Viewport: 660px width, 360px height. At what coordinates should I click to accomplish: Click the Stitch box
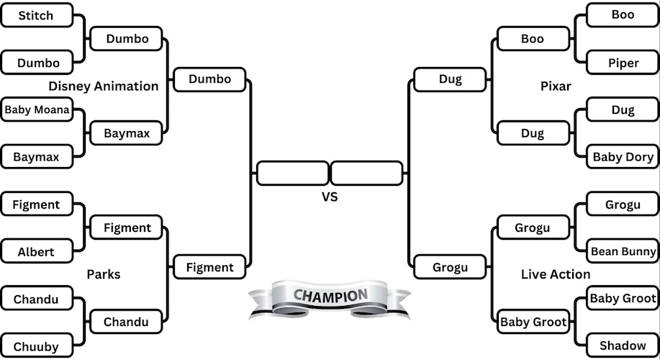tap(37, 15)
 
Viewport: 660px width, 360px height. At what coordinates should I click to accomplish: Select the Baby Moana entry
tap(37, 110)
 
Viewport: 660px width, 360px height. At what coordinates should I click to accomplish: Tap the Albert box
tap(37, 252)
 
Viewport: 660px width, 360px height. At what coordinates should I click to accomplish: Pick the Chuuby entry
tap(37, 346)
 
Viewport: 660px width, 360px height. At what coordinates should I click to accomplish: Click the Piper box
tap(623, 63)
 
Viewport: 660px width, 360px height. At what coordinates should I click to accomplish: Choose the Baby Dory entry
tap(623, 157)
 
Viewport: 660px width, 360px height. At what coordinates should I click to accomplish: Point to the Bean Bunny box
tap(623, 251)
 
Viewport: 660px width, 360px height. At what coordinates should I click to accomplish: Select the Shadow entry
tap(623, 346)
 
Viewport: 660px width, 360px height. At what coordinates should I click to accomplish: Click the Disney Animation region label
tap(104, 86)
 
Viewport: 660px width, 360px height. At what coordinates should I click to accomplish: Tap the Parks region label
tap(104, 274)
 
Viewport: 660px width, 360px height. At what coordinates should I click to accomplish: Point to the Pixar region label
tap(556, 86)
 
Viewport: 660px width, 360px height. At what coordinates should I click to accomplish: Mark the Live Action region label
tap(556, 274)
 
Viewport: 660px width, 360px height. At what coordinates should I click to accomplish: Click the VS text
tap(329, 196)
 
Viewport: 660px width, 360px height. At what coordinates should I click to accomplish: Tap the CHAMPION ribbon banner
tap(330, 296)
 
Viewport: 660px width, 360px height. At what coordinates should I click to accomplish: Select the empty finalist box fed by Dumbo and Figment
tap(292, 174)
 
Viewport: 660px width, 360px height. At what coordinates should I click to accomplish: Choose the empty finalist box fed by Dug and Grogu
tap(366, 174)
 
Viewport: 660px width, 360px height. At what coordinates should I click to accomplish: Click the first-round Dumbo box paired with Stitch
tap(37, 63)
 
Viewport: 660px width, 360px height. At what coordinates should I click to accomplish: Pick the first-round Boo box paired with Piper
tap(623, 15)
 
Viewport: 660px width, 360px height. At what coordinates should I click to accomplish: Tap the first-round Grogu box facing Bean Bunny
tap(623, 204)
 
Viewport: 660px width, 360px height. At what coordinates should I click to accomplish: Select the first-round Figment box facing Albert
tap(37, 204)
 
